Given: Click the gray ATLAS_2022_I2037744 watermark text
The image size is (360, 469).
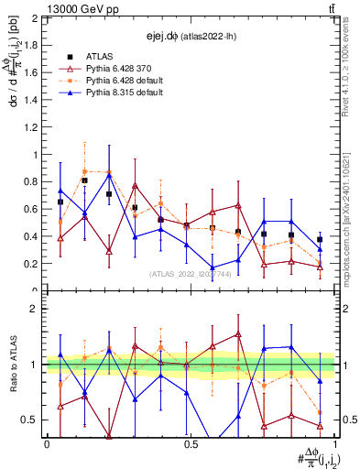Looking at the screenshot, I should point(190,274).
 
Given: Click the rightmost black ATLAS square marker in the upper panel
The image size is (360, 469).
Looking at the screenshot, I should point(320,239).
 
